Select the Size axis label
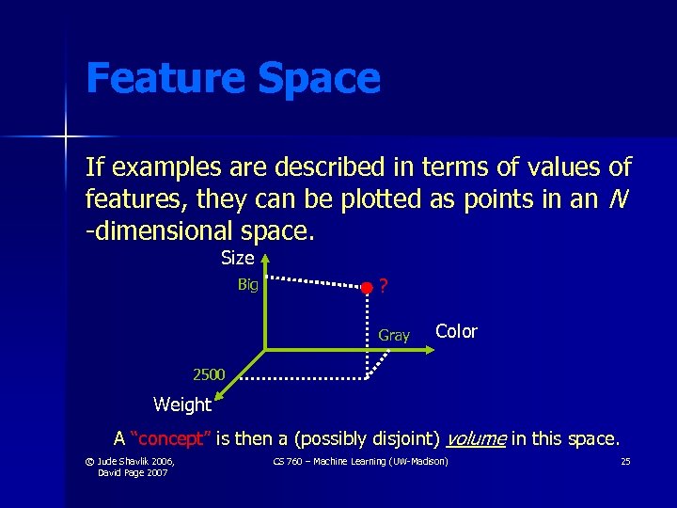(x=237, y=258)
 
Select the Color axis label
(x=456, y=332)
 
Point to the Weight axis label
(x=182, y=405)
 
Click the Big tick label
(x=247, y=285)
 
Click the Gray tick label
(x=394, y=335)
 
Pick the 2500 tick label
(x=209, y=374)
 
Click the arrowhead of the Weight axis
(x=226, y=388)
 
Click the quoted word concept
(x=176, y=438)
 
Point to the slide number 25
(x=625, y=461)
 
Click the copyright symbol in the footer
(x=89, y=461)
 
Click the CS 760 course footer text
(x=360, y=461)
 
